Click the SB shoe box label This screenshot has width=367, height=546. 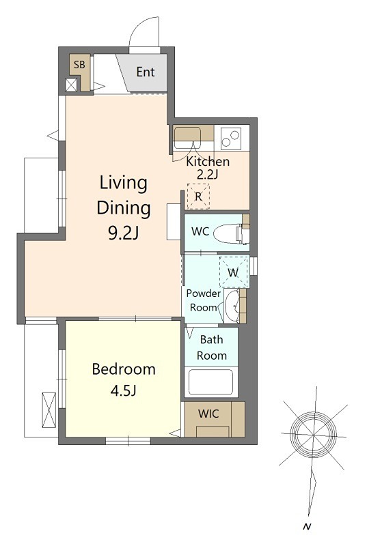pos(79,65)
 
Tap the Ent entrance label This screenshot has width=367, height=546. pos(146,72)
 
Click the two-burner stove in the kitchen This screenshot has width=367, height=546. pos(231,138)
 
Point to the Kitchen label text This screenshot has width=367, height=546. pos(208,162)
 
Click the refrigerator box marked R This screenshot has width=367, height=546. pos(198,197)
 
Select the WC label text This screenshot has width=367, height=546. pos(200,231)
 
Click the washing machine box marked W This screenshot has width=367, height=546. pos(234,272)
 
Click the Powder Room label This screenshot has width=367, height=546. pos(203,300)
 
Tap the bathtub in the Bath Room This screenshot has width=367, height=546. pos(210,382)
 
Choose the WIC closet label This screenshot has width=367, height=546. pos(208,414)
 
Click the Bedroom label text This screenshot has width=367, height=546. pos(124,369)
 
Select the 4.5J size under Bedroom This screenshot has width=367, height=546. pos(124,390)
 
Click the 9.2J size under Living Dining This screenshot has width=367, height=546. pos(124,233)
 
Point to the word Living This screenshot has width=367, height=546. pos(124,183)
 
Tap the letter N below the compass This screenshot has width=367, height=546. pos(307,527)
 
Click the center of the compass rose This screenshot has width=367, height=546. pos(313,435)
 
